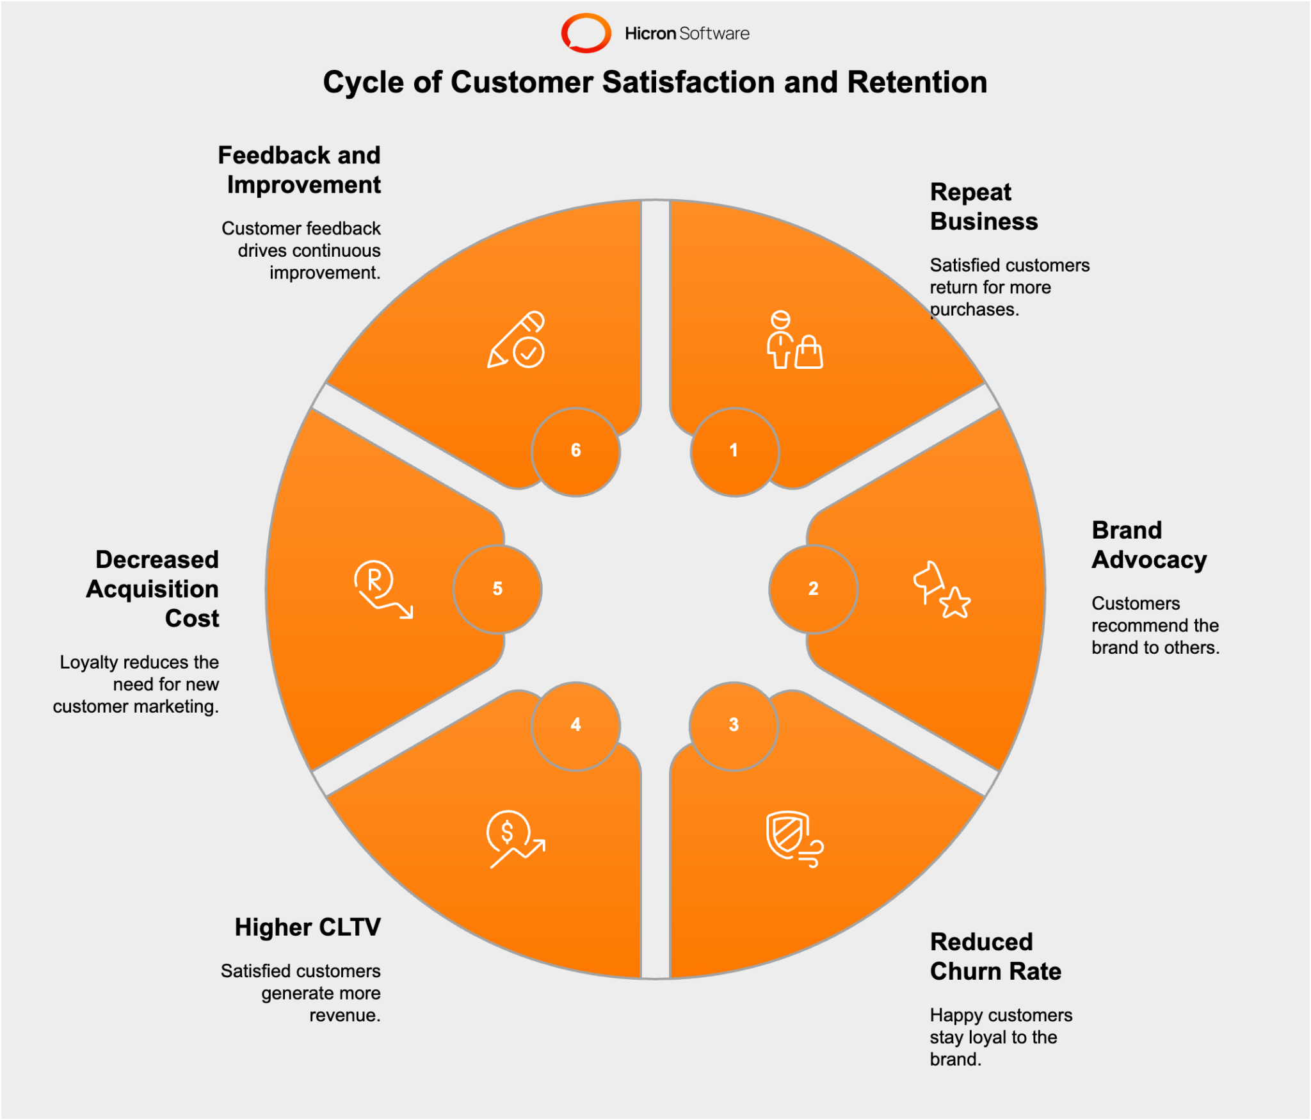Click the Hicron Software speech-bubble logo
[x=586, y=33]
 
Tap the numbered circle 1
[x=734, y=451]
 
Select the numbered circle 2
[x=813, y=588]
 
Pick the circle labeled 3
[x=734, y=726]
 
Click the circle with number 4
[x=575, y=726]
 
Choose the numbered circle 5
[x=497, y=588]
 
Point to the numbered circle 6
[x=575, y=451]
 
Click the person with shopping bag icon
[x=794, y=340]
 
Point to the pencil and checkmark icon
[x=516, y=340]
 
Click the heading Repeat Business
[x=984, y=207]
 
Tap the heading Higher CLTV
[x=307, y=927]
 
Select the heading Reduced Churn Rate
[x=995, y=957]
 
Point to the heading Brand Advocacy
[x=1149, y=545]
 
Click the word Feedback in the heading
[x=274, y=155]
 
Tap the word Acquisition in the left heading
[x=152, y=589]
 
